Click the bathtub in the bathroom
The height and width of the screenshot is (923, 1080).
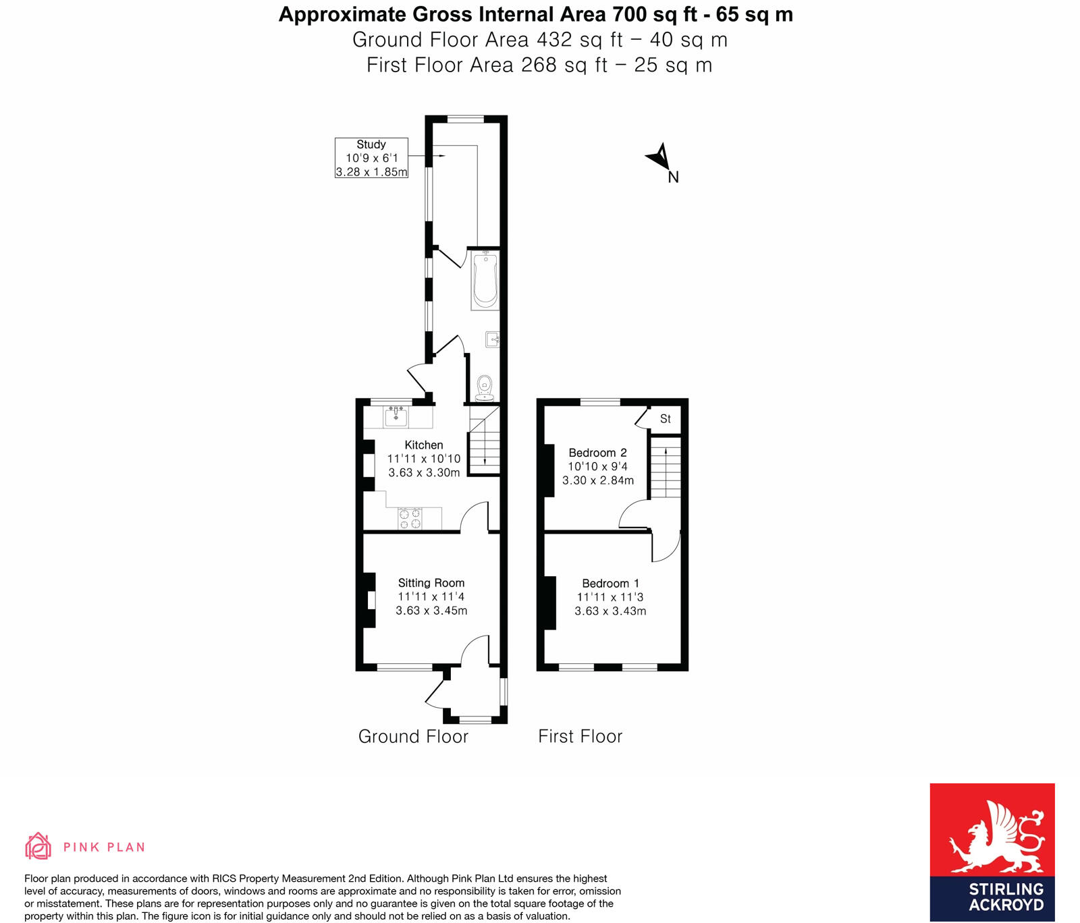[485, 280]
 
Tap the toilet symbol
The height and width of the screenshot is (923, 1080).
[484, 388]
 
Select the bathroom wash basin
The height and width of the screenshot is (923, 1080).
[493, 339]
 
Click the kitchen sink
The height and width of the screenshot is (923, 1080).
[396, 416]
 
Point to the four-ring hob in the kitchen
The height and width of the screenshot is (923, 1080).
[410, 518]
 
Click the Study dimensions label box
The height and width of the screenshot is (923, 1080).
[371, 158]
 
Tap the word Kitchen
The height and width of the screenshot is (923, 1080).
[424, 445]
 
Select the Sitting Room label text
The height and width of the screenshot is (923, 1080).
[431, 583]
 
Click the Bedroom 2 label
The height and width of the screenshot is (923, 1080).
[597, 453]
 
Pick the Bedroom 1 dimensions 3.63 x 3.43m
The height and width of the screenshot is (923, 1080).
[610, 611]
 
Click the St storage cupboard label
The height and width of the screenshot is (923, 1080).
[666, 419]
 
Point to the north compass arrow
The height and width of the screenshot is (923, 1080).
[659, 158]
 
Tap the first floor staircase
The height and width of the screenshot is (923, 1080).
[666, 468]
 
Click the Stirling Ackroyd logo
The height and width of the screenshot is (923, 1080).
[992, 851]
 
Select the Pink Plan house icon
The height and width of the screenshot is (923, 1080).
[38, 846]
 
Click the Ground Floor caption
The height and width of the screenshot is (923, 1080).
[413, 736]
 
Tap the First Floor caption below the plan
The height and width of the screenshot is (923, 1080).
[580, 736]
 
